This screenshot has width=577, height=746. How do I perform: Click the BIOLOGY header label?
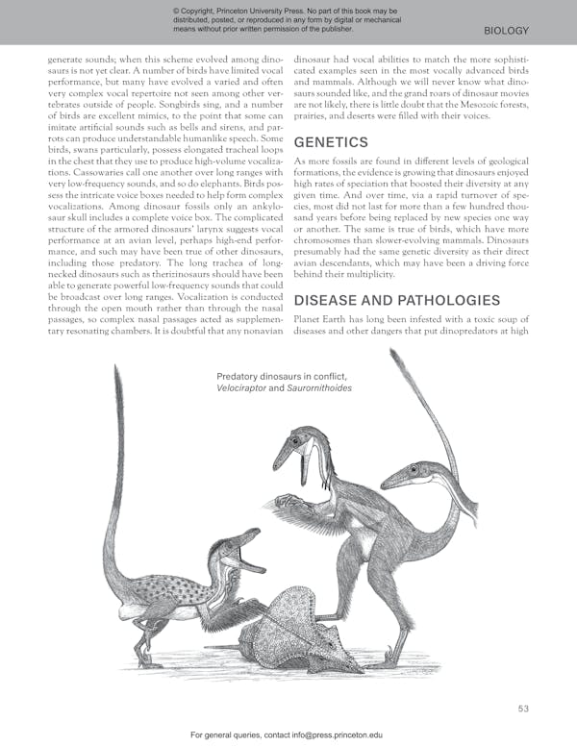[x=507, y=31]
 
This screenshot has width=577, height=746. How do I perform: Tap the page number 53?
[x=523, y=709]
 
